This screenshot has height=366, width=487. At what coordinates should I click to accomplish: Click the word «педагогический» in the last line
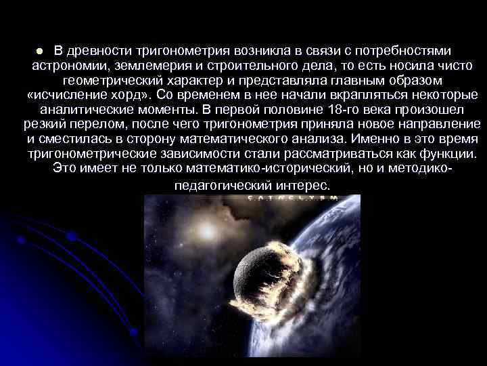(220, 185)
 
